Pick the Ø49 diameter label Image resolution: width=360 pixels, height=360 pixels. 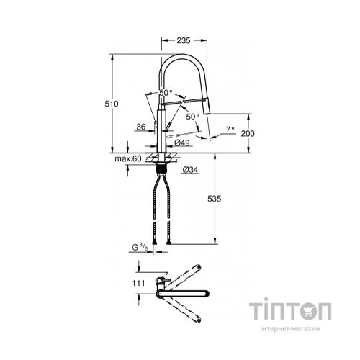182,143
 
